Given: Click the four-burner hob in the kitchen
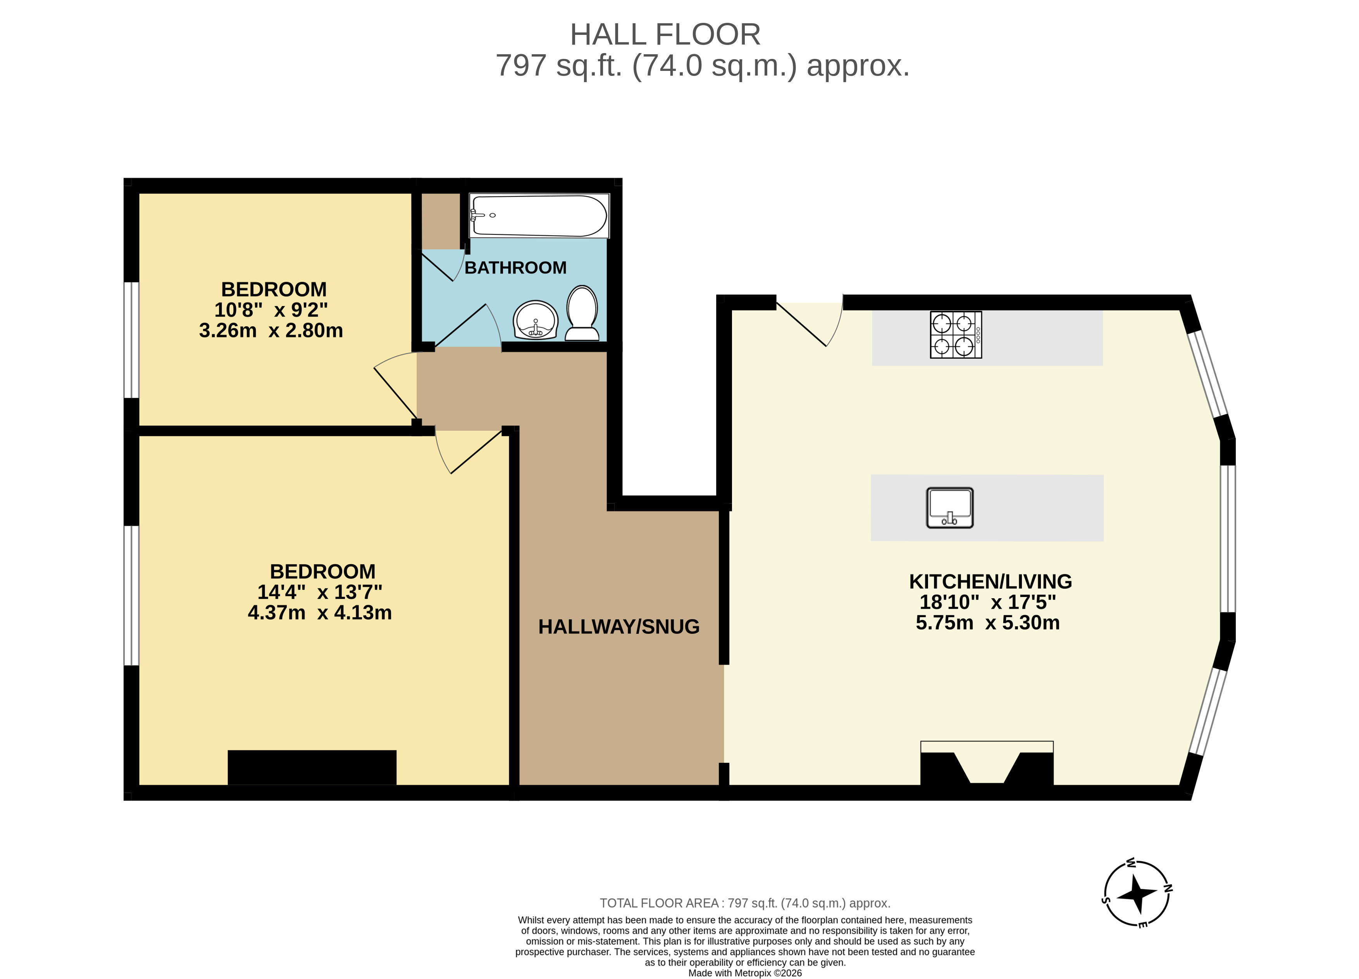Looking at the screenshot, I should click(956, 335).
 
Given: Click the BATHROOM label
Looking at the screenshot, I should click(515, 268).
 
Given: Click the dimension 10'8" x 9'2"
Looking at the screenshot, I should click(271, 310).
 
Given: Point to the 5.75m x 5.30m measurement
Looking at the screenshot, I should click(987, 623).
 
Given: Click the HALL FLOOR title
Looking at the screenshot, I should click(665, 35).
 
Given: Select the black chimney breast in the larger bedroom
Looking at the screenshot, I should click(312, 767).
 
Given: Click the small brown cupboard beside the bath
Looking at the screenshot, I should click(441, 220).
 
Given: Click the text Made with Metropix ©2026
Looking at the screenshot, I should click(745, 973).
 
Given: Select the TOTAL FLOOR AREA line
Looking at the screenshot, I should click(745, 903).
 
